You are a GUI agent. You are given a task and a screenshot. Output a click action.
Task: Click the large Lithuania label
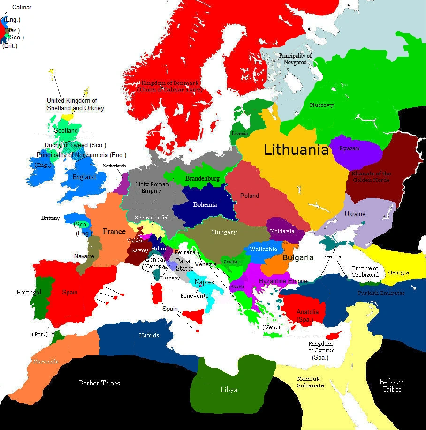click(296, 150)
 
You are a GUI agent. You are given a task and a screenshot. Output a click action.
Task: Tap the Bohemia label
click(205, 204)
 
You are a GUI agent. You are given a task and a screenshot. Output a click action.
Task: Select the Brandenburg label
click(202, 179)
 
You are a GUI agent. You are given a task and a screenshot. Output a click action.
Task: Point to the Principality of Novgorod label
click(295, 59)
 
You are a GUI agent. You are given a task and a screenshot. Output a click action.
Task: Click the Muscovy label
click(321, 105)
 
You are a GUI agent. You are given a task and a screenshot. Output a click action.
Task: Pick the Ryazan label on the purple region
click(350, 148)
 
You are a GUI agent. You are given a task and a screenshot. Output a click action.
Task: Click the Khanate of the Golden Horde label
click(371, 177)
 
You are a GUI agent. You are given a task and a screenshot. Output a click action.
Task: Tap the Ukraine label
click(355, 214)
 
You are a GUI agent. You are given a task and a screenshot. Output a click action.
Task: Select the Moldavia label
click(282, 231)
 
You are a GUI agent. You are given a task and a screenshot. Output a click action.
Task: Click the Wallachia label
click(263, 249)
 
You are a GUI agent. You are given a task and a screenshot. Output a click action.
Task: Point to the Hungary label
click(224, 232)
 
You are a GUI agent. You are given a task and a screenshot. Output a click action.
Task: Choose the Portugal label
click(29, 292)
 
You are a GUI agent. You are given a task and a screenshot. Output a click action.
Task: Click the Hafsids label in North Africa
click(149, 335)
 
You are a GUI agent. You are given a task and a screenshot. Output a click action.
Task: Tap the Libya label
click(229, 390)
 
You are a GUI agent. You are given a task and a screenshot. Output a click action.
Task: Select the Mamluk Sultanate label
click(310, 382)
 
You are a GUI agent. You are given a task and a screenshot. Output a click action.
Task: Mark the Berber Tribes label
click(99, 383)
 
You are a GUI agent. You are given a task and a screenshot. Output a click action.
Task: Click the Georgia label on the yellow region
click(398, 272)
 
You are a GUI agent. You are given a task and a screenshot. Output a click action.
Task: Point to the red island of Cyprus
click(334, 336)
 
